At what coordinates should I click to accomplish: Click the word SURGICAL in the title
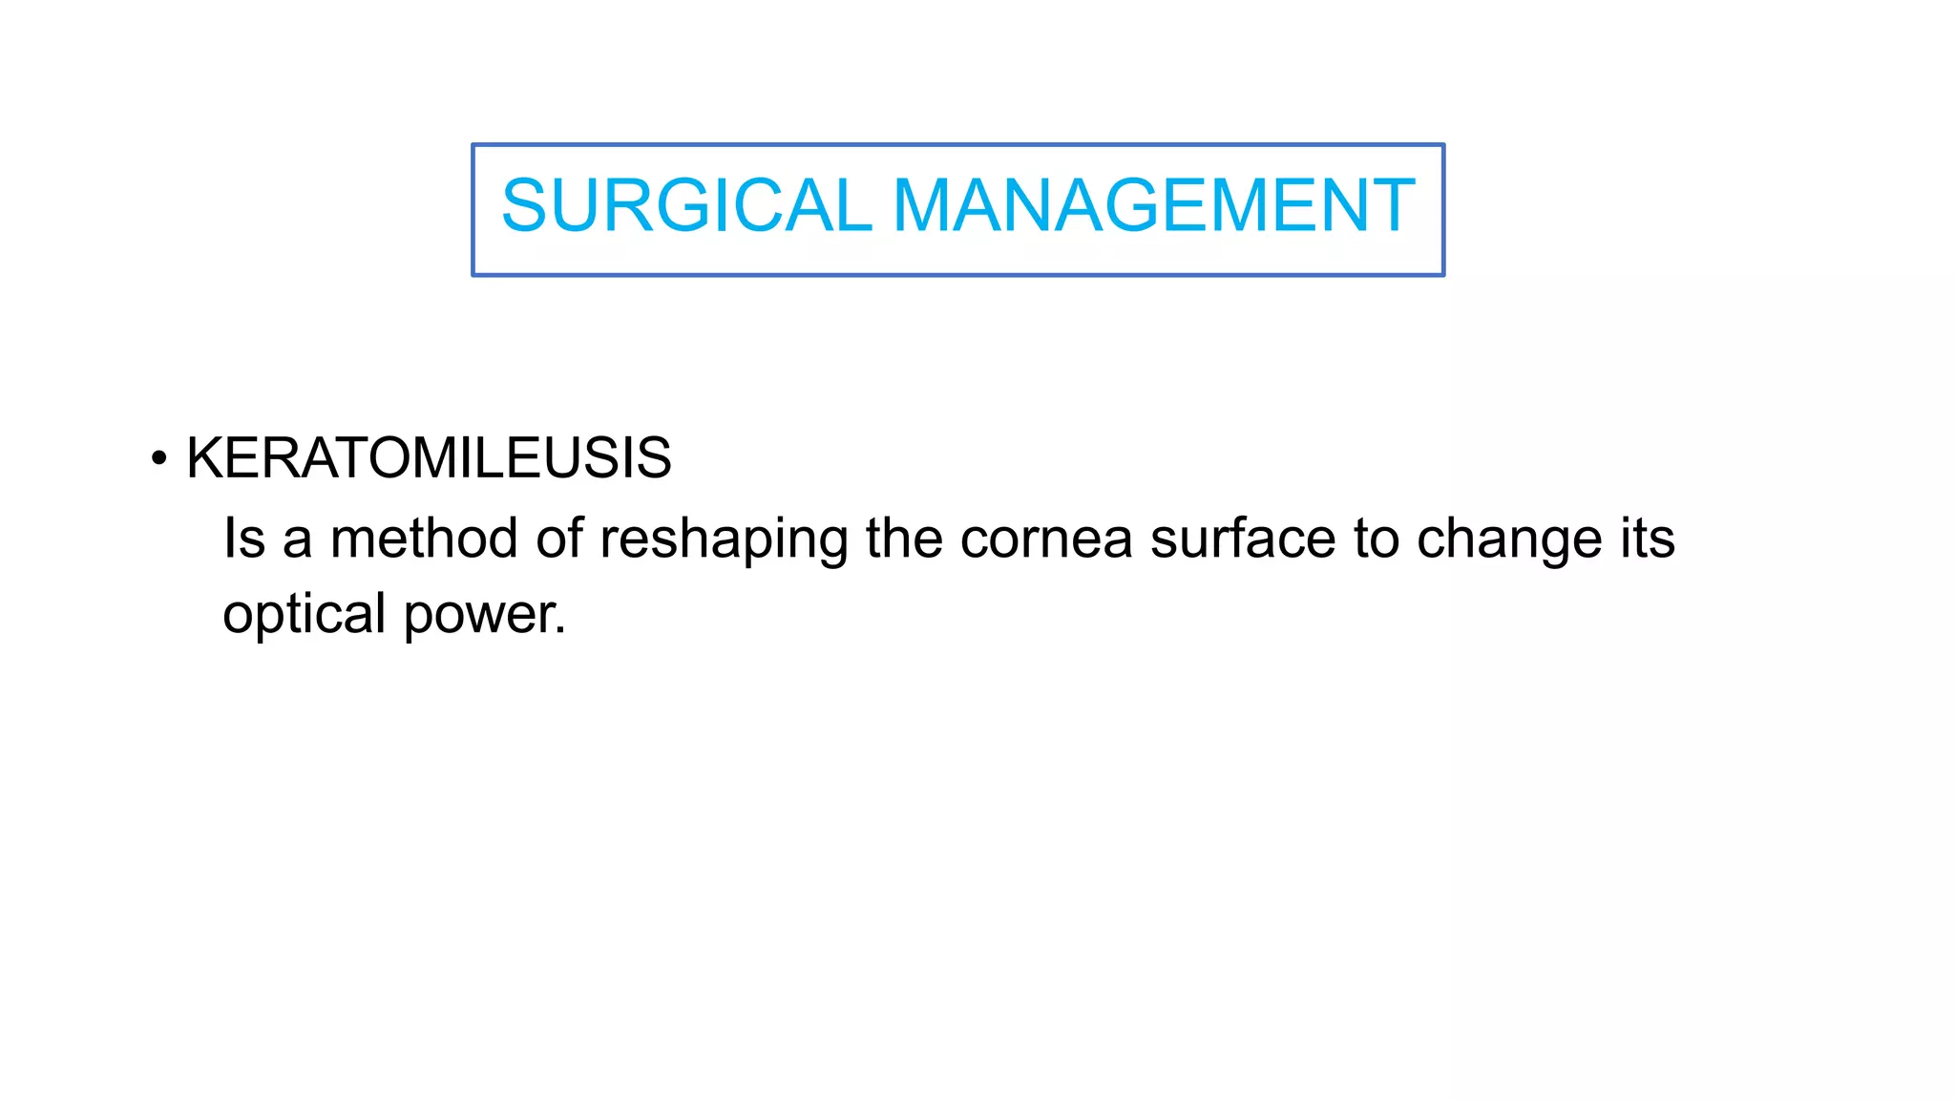point(685,205)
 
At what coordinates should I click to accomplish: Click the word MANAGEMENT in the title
point(1153,205)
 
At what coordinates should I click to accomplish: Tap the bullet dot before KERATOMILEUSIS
point(158,458)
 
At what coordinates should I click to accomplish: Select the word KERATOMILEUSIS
point(429,458)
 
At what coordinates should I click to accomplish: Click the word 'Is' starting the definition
point(243,538)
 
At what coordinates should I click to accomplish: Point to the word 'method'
point(423,539)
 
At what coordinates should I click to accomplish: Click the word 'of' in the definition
point(559,539)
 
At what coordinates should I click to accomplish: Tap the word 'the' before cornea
point(904,539)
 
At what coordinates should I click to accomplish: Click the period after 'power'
point(561,630)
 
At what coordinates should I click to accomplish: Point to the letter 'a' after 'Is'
point(297,540)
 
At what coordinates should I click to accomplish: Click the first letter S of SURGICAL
point(523,205)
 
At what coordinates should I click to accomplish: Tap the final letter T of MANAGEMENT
point(1396,205)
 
